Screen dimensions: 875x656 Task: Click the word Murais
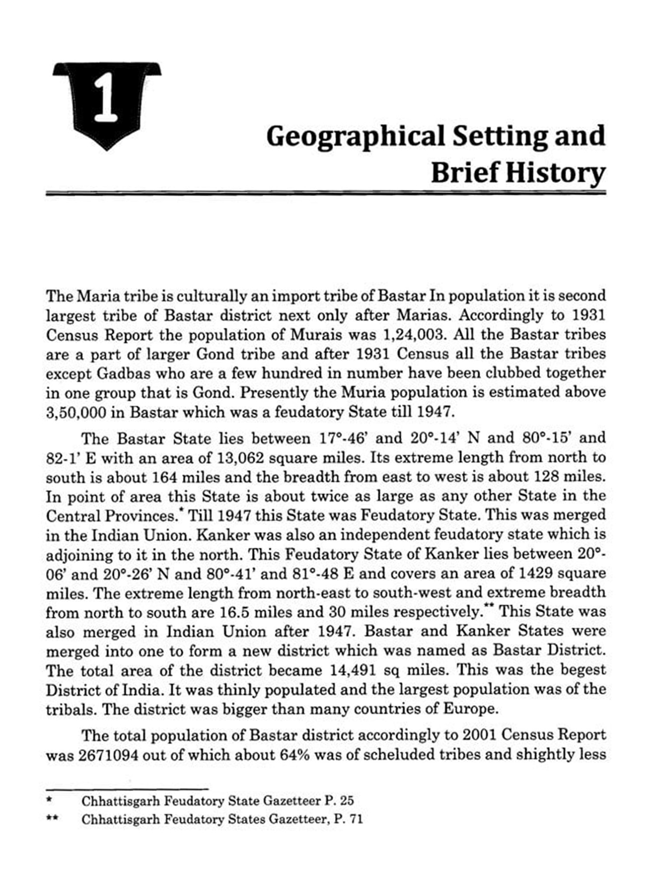coord(316,335)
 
